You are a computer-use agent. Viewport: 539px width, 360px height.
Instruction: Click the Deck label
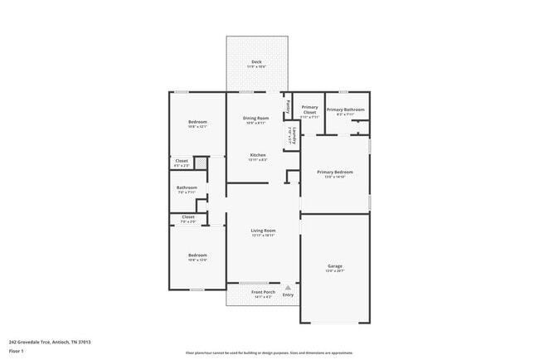(x=258, y=62)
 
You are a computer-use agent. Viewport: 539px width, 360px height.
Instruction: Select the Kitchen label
(x=258, y=155)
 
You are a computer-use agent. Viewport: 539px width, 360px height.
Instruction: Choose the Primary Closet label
(x=309, y=109)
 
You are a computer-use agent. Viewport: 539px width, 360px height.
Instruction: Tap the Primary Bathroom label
(x=346, y=109)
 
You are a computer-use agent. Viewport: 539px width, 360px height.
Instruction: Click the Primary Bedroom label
(x=334, y=172)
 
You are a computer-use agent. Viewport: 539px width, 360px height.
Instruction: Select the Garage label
(x=334, y=265)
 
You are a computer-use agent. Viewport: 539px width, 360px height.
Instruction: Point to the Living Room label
(x=263, y=231)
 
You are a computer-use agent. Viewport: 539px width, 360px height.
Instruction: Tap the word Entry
(x=288, y=295)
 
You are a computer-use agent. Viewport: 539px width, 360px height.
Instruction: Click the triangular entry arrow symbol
(x=288, y=287)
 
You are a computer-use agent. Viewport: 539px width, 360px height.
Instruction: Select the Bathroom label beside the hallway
(x=187, y=187)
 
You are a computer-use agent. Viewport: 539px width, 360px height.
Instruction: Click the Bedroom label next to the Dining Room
(x=197, y=122)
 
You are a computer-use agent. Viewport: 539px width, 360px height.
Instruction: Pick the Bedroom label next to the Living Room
(x=197, y=255)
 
